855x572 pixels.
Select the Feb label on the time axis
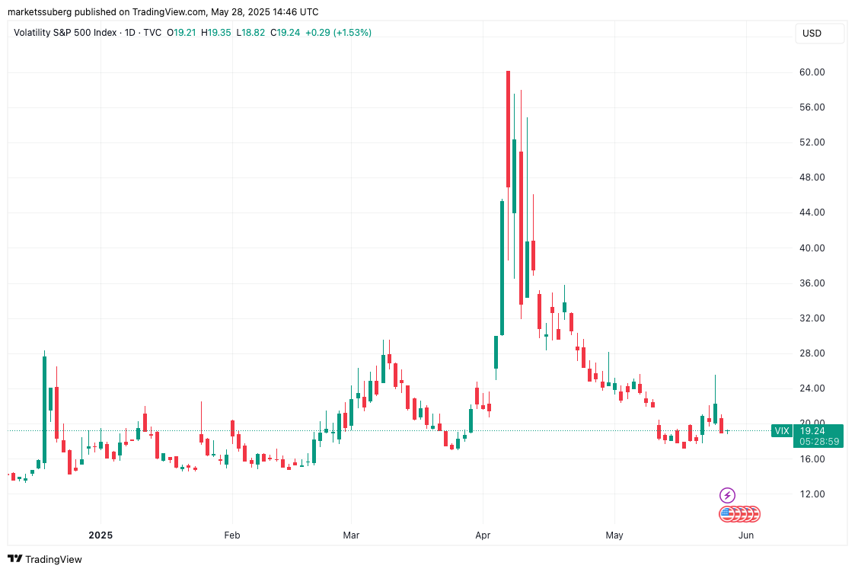(232, 535)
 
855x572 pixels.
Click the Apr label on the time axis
(482, 535)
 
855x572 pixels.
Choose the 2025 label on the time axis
(100, 535)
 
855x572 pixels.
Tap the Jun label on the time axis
(746, 535)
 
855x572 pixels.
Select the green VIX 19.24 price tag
(807, 431)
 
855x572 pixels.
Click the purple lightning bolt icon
(728, 495)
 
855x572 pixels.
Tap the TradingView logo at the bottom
(46, 559)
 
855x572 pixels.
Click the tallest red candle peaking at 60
(508, 129)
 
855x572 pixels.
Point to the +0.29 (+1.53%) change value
(338, 33)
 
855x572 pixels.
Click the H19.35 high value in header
(217, 33)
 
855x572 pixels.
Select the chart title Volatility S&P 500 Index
(65, 33)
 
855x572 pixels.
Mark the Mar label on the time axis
(351, 535)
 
